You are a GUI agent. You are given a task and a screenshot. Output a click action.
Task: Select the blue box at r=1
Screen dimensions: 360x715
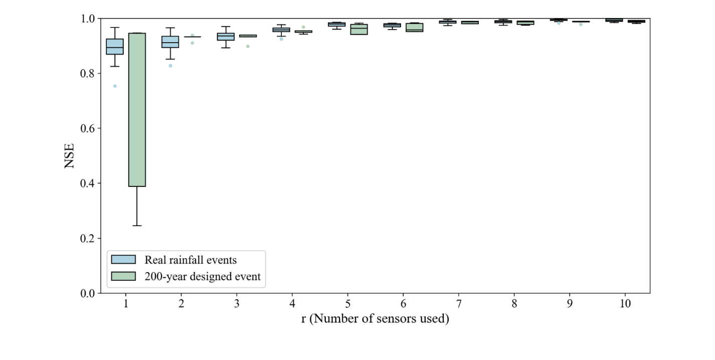(x=115, y=47)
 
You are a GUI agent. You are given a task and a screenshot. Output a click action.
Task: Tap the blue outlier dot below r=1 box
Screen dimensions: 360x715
(x=115, y=86)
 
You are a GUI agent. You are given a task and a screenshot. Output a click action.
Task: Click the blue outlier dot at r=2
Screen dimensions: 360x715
(x=170, y=66)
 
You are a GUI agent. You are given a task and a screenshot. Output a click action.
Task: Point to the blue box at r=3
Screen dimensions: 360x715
(x=226, y=37)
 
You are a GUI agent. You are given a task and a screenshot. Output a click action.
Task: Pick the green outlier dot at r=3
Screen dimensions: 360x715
(x=248, y=46)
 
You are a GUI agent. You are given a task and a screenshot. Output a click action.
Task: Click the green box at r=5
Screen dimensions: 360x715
(x=359, y=29)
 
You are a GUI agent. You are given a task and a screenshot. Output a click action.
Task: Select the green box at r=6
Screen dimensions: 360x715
(x=415, y=28)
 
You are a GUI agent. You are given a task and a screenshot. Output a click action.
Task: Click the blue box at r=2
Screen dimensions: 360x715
(x=170, y=42)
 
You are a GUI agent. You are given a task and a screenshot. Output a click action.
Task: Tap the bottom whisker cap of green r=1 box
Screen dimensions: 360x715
(x=137, y=226)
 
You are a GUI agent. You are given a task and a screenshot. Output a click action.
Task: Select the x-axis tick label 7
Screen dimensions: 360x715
(x=458, y=303)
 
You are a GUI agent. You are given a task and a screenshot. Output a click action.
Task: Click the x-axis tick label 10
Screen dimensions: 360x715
(x=625, y=303)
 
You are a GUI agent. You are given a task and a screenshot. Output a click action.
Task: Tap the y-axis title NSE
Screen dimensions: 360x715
(x=71, y=156)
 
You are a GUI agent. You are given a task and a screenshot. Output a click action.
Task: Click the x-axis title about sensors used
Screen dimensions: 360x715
(x=375, y=319)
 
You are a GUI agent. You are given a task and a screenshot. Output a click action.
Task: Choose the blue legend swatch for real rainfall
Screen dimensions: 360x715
(x=124, y=260)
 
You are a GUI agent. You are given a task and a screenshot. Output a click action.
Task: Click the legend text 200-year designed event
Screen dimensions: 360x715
(x=203, y=276)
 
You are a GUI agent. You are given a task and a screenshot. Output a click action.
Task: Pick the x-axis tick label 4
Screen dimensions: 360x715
(x=292, y=303)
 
